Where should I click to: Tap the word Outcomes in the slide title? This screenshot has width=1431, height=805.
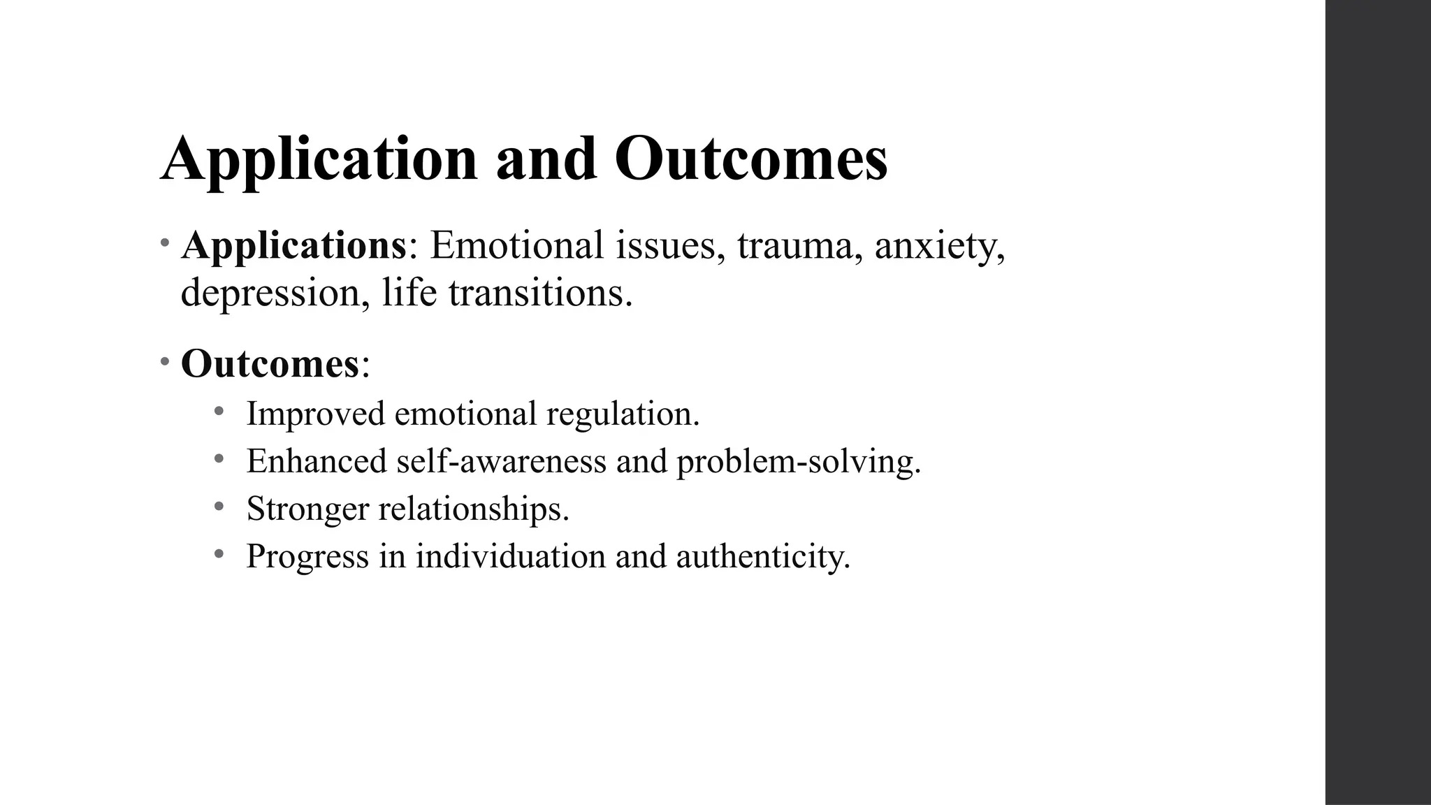coord(751,159)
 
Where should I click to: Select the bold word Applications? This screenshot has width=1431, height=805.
coord(293,246)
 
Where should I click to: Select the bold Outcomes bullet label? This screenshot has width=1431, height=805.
coord(270,364)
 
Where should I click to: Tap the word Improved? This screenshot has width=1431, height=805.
coord(315,414)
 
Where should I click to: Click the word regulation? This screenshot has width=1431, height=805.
coord(622,414)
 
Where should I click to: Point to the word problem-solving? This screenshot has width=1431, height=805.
coord(797,461)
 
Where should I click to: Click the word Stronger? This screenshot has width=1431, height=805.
coord(307,509)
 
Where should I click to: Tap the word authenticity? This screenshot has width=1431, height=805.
coord(762,556)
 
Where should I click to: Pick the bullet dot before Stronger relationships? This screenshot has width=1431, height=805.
coord(219,505)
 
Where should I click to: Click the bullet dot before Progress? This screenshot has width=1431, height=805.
coord(219,553)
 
